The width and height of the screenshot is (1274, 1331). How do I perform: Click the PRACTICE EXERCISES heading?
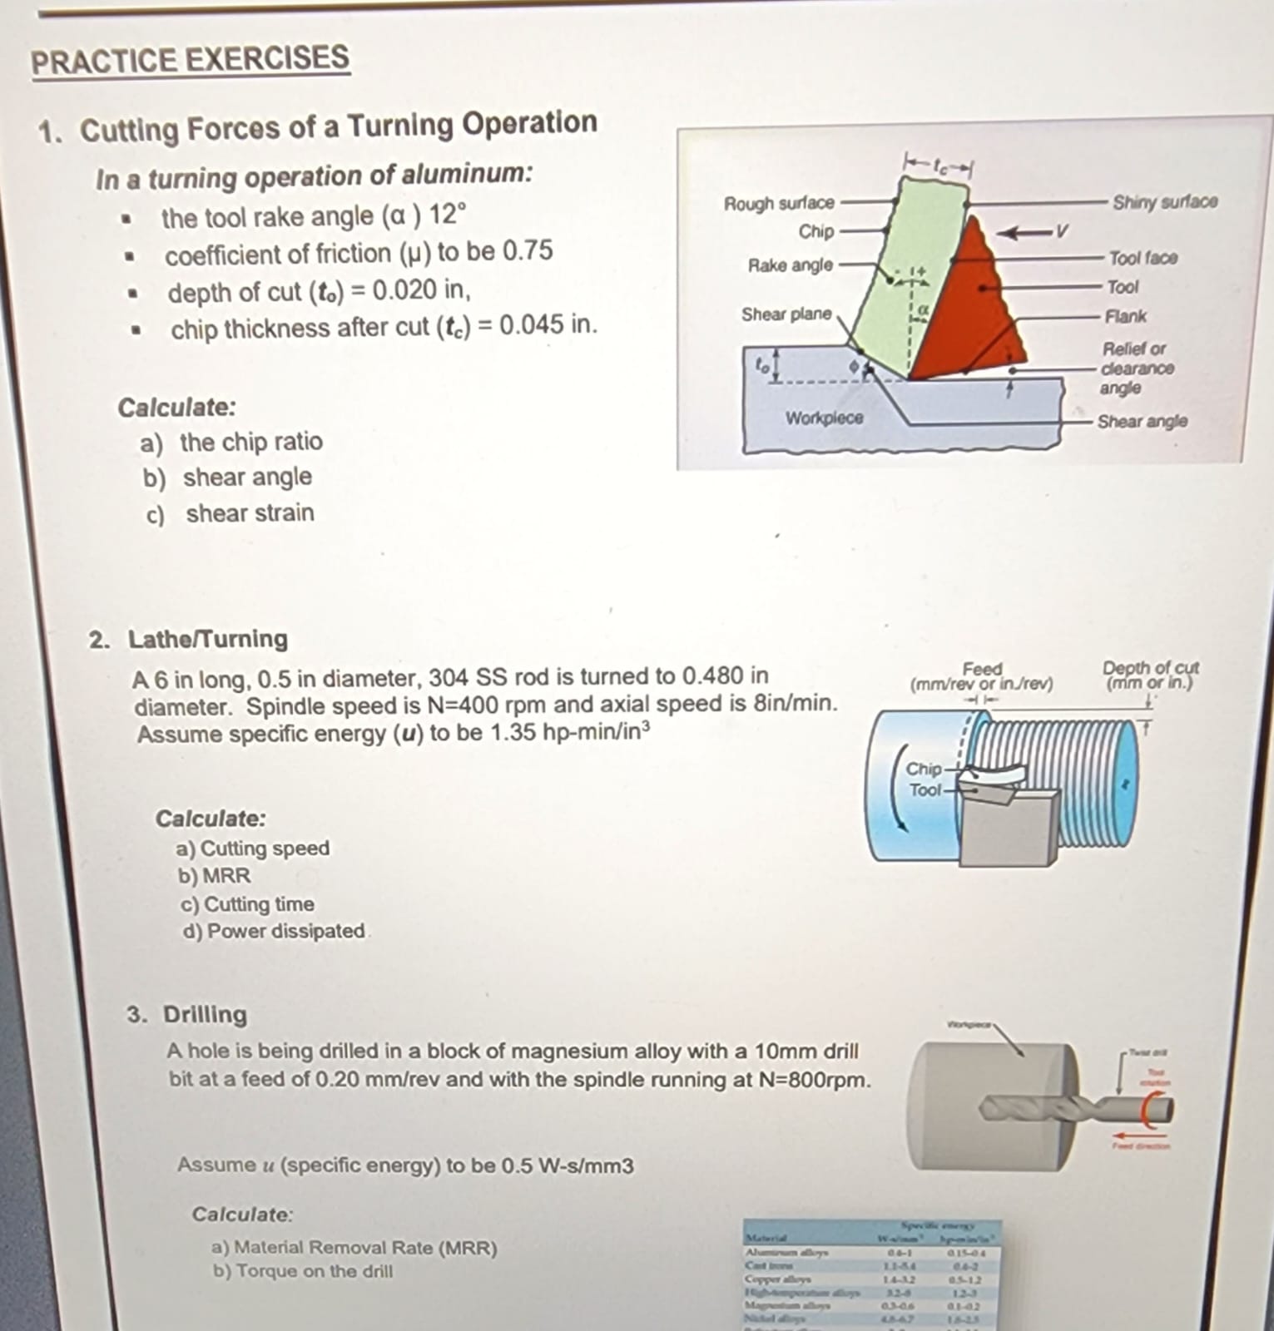pyautogui.click(x=190, y=60)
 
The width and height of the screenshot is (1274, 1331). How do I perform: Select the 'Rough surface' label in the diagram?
pyautogui.click(x=778, y=203)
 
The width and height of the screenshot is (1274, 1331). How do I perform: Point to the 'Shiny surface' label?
pyautogui.click(x=1164, y=201)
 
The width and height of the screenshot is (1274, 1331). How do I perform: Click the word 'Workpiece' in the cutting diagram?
pyautogui.click(x=824, y=418)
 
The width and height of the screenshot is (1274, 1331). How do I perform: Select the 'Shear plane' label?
pyautogui.click(x=786, y=314)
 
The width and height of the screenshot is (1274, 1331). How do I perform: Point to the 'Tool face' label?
pyautogui.click(x=1143, y=258)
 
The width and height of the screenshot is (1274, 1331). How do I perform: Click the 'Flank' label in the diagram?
pyautogui.click(x=1125, y=316)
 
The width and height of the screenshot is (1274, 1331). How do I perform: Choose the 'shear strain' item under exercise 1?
pyautogui.click(x=250, y=513)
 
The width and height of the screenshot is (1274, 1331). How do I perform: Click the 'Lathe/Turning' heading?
pyautogui.click(x=207, y=639)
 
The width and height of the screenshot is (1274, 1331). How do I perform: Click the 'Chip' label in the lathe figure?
pyautogui.click(x=923, y=769)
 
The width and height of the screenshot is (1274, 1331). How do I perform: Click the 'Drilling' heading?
pyautogui.click(x=205, y=1014)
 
